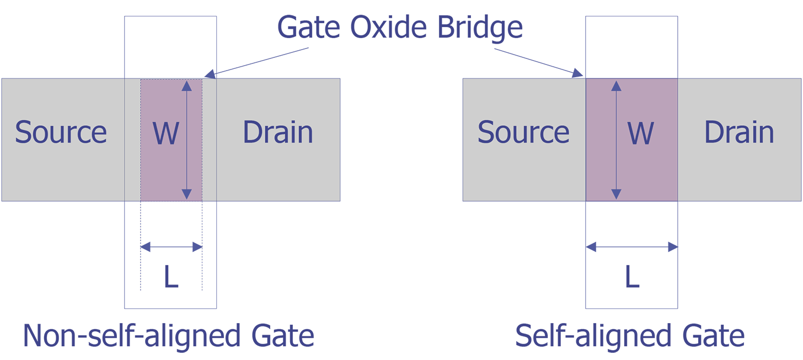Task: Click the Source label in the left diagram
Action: pyautogui.click(x=61, y=132)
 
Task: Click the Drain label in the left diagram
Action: pyautogui.click(x=278, y=132)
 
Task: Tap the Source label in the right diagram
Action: pyautogui.click(x=523, y=132)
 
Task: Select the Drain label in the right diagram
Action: pyautogui.click(x=739, y=132)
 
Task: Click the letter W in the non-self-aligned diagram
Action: pyautogui.click(x=165, y=133)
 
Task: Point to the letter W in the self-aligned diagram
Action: pyautogui.click(x=641, y=133)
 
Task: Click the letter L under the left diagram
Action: pyautogui.click(x=171, y=276)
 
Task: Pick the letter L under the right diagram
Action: pyautogui.click(x=633, y=276)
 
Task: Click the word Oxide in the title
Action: pyautogui.click(x=389, y=27)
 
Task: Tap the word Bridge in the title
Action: pyautogui.click(x=480, y=29)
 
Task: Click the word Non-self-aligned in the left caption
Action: pyautogui.click(x=132, y=336)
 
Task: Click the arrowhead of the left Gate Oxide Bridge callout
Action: pyautogui.click(x=210, y=74)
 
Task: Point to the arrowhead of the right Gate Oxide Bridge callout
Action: pyautogui.click(x=577, y=73)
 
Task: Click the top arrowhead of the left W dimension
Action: pyautogui.click(x=187, y=86)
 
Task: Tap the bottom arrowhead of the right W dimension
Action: pyautogui.click(x=616, y=194)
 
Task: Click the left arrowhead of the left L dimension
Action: pyautogui.click(x=146, y=247)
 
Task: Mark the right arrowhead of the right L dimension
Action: pyautogui.click(x=672, y=247)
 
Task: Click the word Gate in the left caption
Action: pyautogui.click(x=283, y=335)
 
